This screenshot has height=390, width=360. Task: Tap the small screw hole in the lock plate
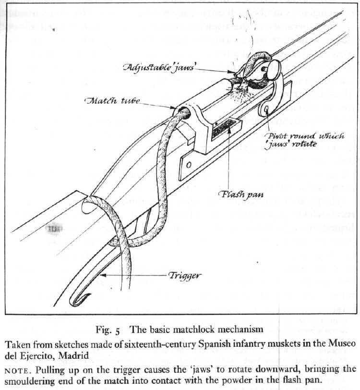[189, 165]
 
